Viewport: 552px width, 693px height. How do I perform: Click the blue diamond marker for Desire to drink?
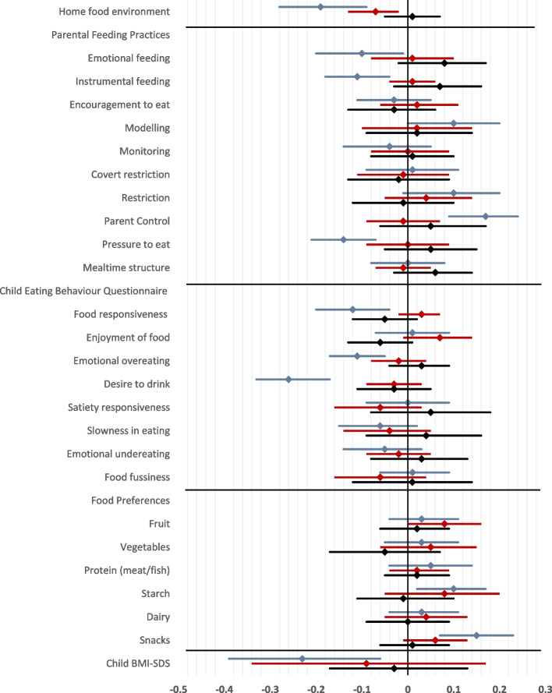pyautogui.click(x=288, y=380)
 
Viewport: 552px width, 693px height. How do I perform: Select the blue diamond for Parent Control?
pyautogui.click(x=486, y=217)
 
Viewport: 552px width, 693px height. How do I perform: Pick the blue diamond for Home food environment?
pyautogui.click(x=320, y=7)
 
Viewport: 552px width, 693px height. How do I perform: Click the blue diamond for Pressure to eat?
pyautogui.click(x=343, y=239)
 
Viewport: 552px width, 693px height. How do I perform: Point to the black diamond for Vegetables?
pyautogui.click(x=384, y=552)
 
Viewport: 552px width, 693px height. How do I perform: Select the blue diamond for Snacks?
pyautogui.click(x=476, y=635)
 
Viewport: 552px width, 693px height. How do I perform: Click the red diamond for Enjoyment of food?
pyautogui.click(x=440, y=338)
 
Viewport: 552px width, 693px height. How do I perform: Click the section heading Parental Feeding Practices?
pyautogui.click(x=111, y=34)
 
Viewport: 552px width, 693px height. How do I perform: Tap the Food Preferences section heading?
pyautogui.click(x=128, y=500)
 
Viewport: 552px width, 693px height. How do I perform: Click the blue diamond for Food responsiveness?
pyautogui.click(x=352, y=309)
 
